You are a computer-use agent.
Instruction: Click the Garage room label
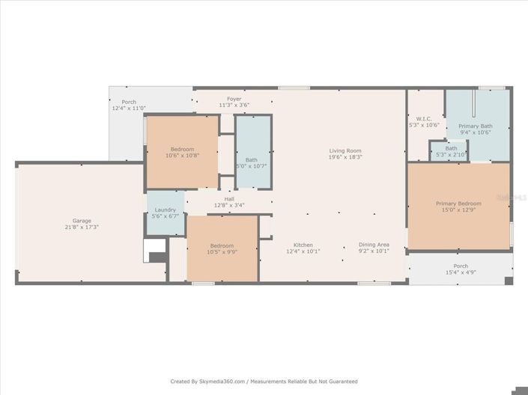tap(82, 221)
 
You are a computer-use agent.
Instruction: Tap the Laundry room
tap(165, 213)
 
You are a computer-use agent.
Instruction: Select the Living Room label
tap(345, 151)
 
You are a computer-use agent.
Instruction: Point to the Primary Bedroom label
tap(458, 203)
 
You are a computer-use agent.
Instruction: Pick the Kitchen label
tap(303, 245)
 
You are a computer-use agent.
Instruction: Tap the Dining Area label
tap(374, 245)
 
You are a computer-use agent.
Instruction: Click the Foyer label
tap(234, 99)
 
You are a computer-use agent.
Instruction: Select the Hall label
tap(229, 199)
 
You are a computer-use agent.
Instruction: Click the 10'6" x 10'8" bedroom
tap(182, 152)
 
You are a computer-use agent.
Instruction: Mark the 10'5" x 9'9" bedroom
tap(222, 248)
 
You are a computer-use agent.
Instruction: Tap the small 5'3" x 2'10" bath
tap(451, 151)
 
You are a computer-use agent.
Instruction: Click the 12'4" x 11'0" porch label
tap(129, 105)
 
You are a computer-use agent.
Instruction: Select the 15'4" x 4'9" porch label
tap(460, 269)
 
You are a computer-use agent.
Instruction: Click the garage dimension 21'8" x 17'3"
tap(82, 227)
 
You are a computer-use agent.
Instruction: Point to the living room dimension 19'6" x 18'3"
tap(345, 157)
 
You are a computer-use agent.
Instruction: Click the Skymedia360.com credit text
tap(264, 382)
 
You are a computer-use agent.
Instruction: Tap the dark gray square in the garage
tap(158, 257)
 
